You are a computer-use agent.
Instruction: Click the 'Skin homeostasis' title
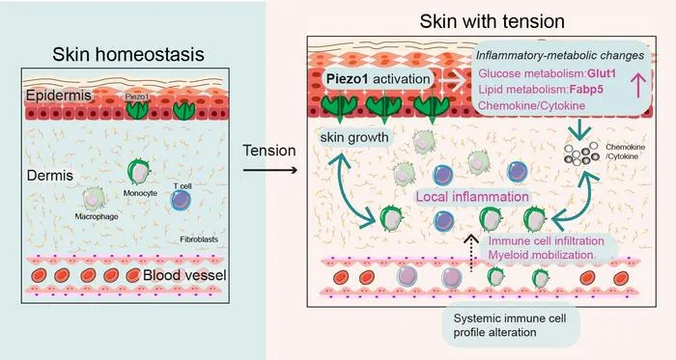[x=128, y=54]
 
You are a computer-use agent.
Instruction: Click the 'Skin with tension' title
[x=492, y=21]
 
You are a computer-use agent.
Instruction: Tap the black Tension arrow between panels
[x=270, y=170]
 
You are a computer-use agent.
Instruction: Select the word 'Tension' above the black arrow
[x=269, y=151]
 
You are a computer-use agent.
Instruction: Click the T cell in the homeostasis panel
[x=181, y=200]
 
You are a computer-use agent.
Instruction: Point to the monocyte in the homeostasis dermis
[x=139, y=172]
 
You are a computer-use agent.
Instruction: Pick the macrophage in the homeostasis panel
[x=93, y=199]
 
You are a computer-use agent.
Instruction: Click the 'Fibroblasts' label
[x=199, y=239]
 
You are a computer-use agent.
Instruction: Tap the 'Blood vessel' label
[x=184, y=275]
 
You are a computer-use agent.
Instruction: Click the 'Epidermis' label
[x=59, y=96]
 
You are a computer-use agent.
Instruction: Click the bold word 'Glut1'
[x=602, y=73]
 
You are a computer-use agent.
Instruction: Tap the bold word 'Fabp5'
[x=586, y=90]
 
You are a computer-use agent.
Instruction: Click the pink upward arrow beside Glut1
[x=638, y=84]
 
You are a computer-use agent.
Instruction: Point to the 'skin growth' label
[x=354, y=137]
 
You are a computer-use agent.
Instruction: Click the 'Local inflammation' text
[x=472, y=197]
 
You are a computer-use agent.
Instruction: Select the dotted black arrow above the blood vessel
[x=471, y=253]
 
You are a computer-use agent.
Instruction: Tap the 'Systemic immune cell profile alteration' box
[x=511, y=325]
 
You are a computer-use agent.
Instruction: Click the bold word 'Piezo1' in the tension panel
[x=347, y=79]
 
